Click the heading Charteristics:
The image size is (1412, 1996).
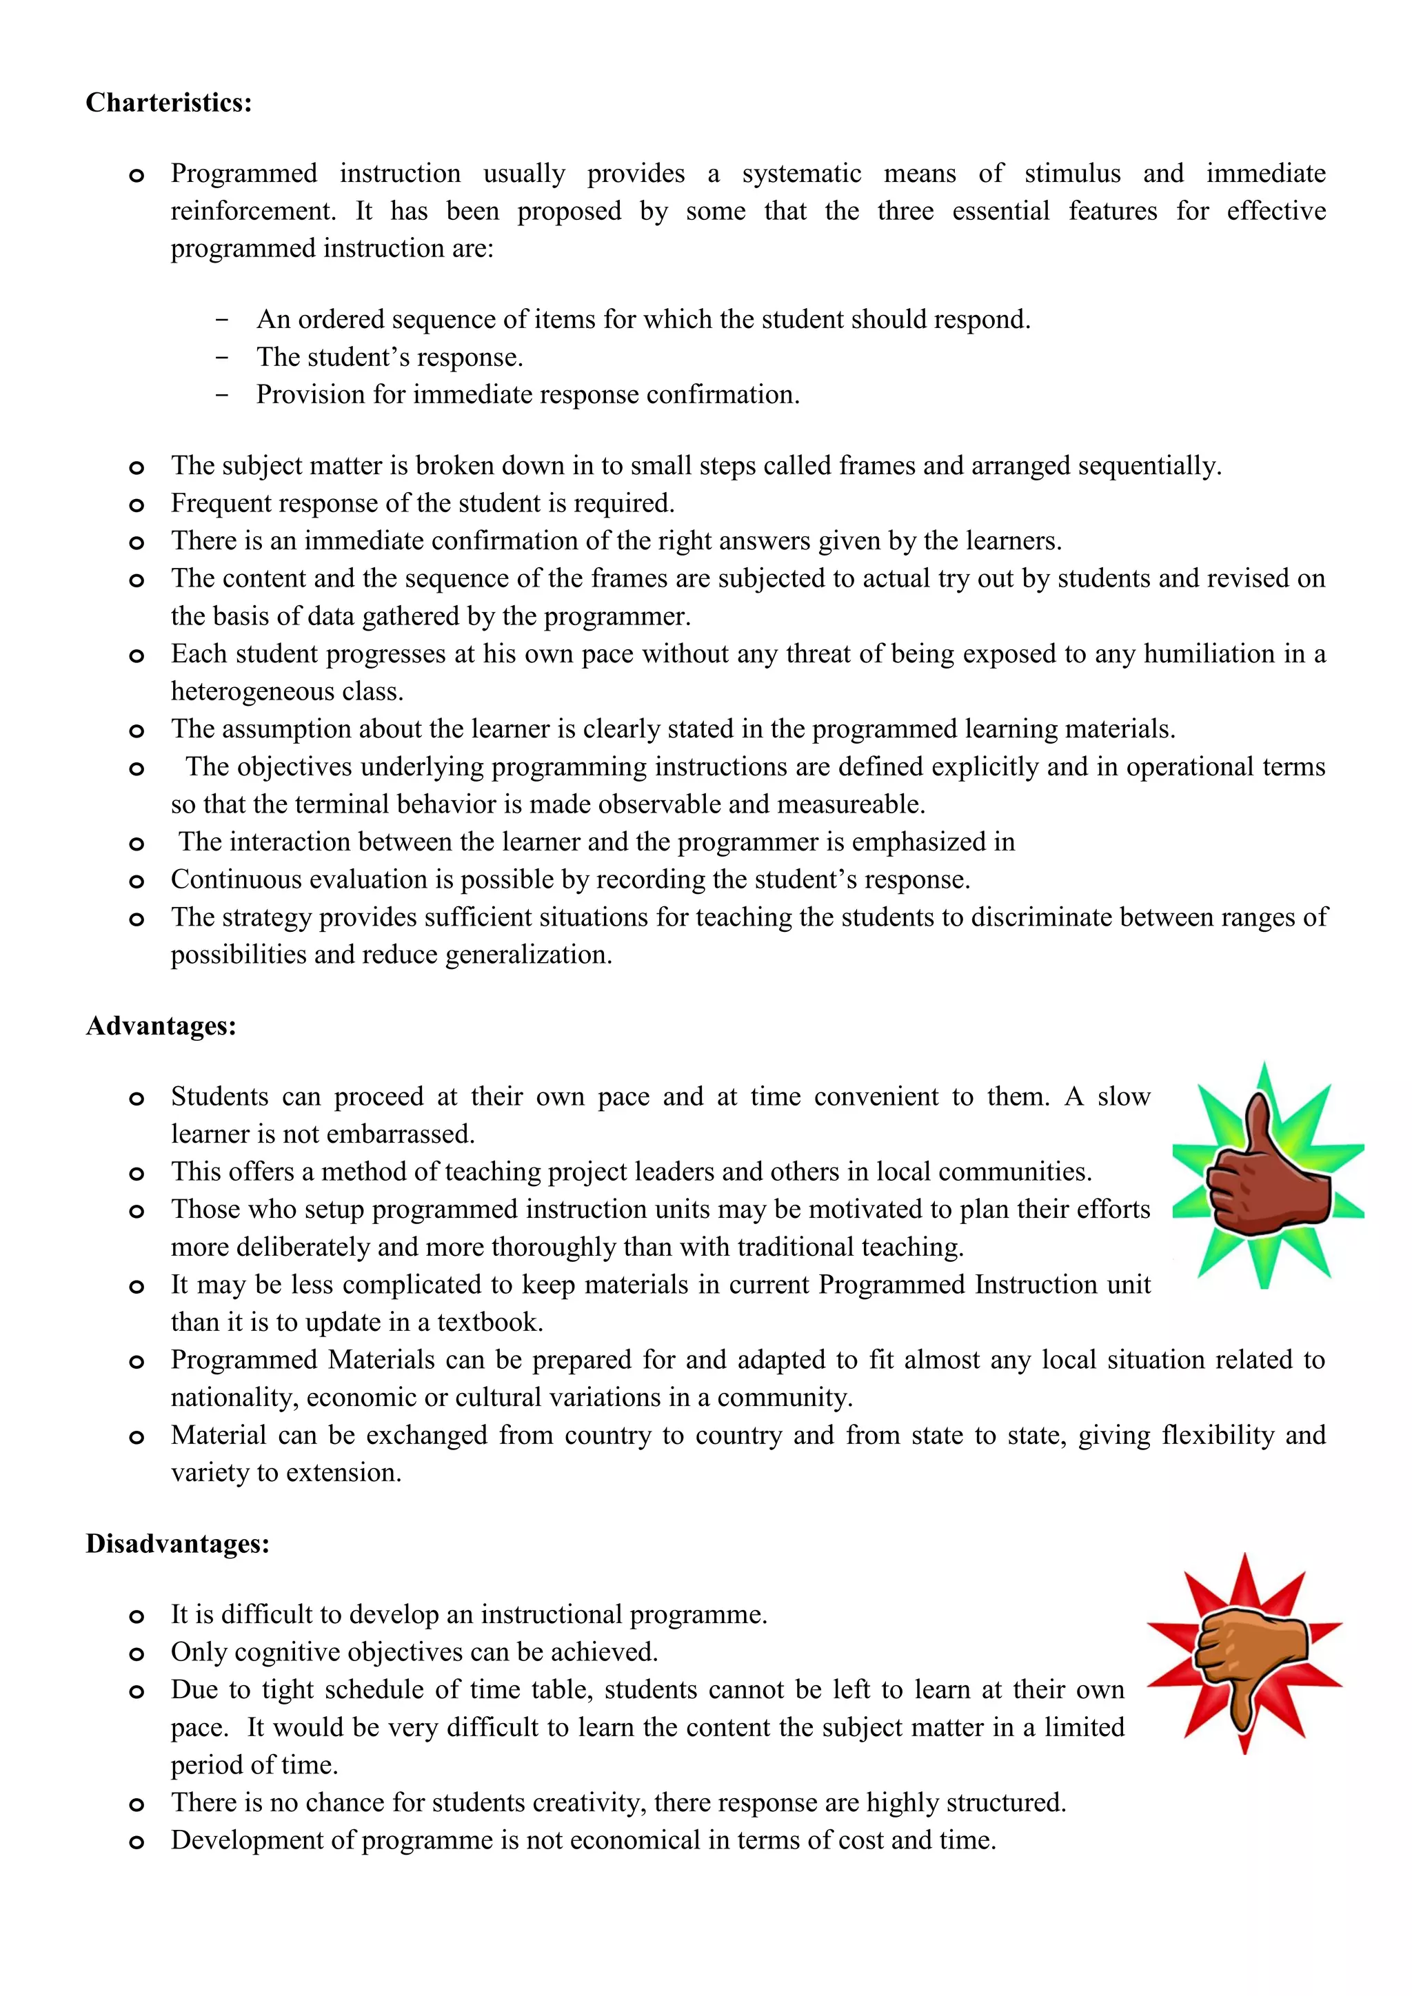point(169,103)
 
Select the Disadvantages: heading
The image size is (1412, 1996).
point(177,1543)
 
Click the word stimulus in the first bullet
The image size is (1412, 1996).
point(1072,173)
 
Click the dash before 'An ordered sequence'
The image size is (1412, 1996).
point(223,320)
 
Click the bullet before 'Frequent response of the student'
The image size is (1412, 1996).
point(137,505)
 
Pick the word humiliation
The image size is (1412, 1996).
point(1208,654)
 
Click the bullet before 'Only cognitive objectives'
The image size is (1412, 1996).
point(137,1653)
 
